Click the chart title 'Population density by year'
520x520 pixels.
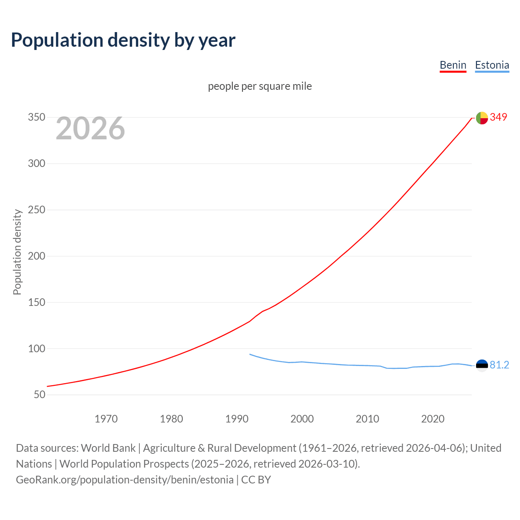pyautogui.click(x=123, y=40)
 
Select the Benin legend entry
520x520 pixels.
pyautogui.click(x=453, y=65)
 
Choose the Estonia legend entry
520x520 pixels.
pyautogui.click(x=492, y=65)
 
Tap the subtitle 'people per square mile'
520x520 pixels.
pyautogui.click(x=260, y=86)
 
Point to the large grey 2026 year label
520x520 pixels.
pyautogui.click(x=90, y=128)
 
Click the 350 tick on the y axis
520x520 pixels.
pyautogui.click(x=36, y=117)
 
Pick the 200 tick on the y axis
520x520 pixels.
pyautogui.click(x=36, y=256)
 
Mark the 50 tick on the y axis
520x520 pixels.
pyautogui.click(x=39, y=394)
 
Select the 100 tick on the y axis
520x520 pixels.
pyautogui.click(x=36, y=349)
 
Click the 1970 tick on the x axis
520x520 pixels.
pyautogui.click(x=106, y=419)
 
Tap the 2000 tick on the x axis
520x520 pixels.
pyautogui.click(x=302, y=419)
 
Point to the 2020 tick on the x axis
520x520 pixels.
pyautogui.click(x=433, y=419)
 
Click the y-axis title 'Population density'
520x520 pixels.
pyautogui.click(x=17, y=252)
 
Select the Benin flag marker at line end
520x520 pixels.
pyautogui.click(x=482, y=118)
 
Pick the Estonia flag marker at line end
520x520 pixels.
pyautogui.click(x=482, y=366)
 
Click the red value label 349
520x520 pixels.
pyautogui.click(x=498, y=117)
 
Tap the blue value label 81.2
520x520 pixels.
pyautogui.click(x=499, y=365)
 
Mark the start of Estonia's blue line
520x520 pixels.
pyautogui.click(x=250, y=354)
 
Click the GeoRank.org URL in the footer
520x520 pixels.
pyautogui.click(x=125, y=480)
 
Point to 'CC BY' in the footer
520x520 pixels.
pyautogui.click(x=256, y=480)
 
